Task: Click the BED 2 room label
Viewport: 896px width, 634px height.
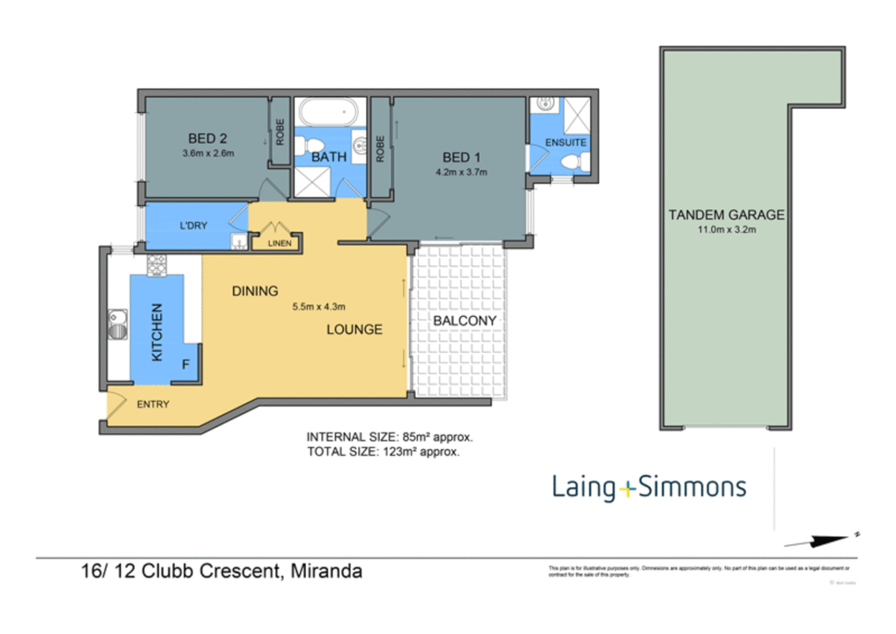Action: pos(207,139)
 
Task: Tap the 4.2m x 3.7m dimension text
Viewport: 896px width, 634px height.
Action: pos(461,172)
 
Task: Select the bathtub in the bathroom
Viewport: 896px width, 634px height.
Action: pos(329,112)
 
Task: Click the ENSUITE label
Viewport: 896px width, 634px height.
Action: pos(565,143)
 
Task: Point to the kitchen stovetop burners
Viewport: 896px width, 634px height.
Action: pos(157,265)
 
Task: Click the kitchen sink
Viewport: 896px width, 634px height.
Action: pos(118,325)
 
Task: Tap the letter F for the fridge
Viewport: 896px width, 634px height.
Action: pos(185,365)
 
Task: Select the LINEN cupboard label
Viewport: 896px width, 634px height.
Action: pos(279,243)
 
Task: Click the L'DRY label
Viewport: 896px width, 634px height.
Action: pos(193,225)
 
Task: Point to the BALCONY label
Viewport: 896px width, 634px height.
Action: pos(464,321)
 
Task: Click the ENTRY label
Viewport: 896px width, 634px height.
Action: pos(153,404)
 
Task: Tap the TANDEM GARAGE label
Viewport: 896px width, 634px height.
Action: pos(726,215)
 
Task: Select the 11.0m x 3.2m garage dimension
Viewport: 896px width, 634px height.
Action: pos(726,230)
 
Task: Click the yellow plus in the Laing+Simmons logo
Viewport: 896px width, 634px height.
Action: pos(627,488)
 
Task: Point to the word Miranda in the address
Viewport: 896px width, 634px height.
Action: pos(326,571)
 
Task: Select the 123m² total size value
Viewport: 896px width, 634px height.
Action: pos(400,452)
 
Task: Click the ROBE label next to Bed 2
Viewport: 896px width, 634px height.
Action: pos(280,132)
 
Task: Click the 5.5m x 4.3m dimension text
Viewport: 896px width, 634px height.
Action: pos(319,306)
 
